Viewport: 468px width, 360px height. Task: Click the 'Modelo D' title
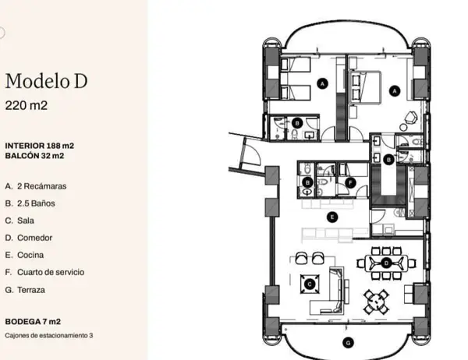46,81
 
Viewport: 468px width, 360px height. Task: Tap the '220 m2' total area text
27,105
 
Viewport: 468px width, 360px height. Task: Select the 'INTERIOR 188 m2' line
40,146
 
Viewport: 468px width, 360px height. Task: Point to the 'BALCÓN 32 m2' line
34,156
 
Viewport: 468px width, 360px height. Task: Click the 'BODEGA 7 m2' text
33,322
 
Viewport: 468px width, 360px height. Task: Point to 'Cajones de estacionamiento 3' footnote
49,336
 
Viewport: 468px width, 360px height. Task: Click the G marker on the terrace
348,343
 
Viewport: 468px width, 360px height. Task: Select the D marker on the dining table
387,263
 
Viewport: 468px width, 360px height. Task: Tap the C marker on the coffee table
310,284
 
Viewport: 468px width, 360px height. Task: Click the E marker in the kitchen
332,217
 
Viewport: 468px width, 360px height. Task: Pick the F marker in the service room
350,182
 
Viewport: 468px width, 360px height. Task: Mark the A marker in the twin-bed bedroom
322,84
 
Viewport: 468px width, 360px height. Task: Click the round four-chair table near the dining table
377,302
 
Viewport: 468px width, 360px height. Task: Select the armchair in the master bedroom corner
411,117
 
